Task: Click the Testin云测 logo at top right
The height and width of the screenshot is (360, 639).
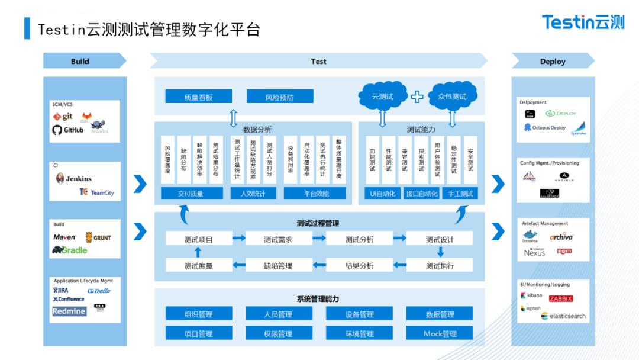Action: pyautogui.click(x=583, y=22)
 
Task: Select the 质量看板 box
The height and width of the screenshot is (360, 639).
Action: pyautogui.click(x=198, y=97)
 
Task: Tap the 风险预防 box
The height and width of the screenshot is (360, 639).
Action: pyautogui.click(x=280, y=97)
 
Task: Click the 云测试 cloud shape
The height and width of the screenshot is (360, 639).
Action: pyautogui.click(x=382, y=97)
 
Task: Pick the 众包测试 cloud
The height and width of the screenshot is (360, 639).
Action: pyautogui.click(x=452, y=97)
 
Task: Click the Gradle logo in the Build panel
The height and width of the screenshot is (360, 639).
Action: pyautogui.click(x=69, y=250)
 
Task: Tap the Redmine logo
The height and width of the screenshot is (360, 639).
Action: pyautogui.click(x=69, y=311)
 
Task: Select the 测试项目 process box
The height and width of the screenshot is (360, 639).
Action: pyautogui.click(x=198, y=239)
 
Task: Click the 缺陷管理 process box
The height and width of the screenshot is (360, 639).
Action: pyautogui.click(x=278, y=265)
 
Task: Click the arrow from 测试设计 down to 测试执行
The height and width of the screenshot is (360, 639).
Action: pyautogui.click(x=440, y=252)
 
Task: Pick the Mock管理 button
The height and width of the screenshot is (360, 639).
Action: pyautogui.click(x=440, y=333)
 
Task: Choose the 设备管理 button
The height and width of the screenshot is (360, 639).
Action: pyautogui.click(x=359, y=314)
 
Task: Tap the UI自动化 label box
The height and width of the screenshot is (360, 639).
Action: pyautogui.click(x=383, y=193)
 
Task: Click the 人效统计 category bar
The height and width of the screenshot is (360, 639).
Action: pyautogui.click(x=253, y=193)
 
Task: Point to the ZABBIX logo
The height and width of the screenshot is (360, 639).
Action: pyautogui.click(x=560, y=298)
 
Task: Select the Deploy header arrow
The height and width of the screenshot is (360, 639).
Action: pyautogui.click(x=553, y=61)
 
